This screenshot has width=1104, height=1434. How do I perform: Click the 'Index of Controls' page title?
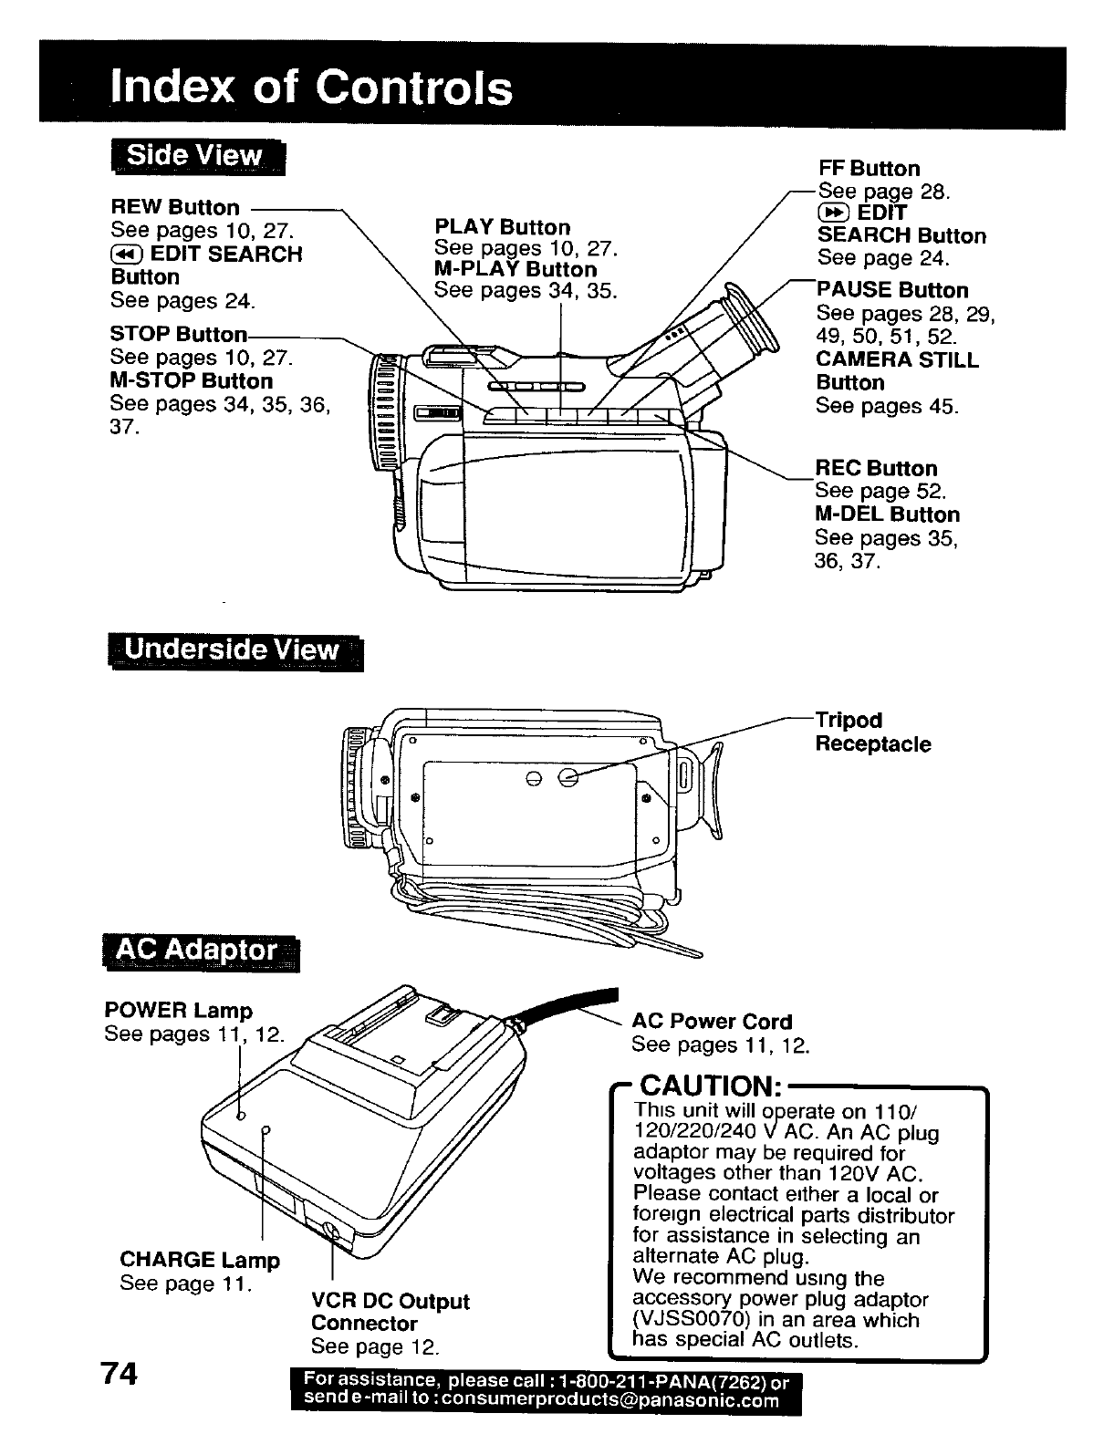(x=309, y=88)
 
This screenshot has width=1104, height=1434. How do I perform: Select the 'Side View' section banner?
(x=195, y=156)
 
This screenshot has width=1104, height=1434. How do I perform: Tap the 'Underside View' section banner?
(x=232, y=650)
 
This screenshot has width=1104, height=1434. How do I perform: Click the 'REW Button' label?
(x=174, y=207)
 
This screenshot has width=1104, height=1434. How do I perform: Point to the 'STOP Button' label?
(x=178, y=334)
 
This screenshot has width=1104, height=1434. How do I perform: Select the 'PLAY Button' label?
(x=502, y=227)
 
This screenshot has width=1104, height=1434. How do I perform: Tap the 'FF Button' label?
(x=868, y=169)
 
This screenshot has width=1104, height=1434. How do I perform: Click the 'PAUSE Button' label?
(x=892, y=290)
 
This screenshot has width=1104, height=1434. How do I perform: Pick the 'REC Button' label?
(x=876, y=469)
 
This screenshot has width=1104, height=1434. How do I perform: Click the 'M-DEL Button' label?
(x=887, y=514)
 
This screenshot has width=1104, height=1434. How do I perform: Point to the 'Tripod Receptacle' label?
(x=872, y=733)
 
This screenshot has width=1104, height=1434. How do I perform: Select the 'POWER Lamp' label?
(x=178, y=1011)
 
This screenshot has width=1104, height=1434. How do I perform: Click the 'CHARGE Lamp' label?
(x=200, y=1261)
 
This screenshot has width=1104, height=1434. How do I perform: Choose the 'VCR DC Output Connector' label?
(x=390, y=1312)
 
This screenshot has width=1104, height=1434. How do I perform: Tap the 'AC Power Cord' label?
(x=712, y=1022)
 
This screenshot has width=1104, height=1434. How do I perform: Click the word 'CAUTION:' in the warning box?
(x=709, y=1086)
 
